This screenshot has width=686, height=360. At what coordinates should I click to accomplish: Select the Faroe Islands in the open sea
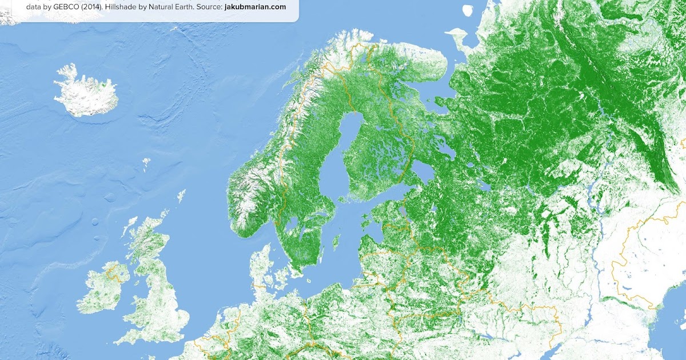coord(146,163)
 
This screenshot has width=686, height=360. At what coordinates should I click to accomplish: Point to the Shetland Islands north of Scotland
coord(181,196)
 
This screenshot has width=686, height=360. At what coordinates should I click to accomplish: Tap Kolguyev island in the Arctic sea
coord(468,10)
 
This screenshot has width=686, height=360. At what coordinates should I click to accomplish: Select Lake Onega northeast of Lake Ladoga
coord(449,150)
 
